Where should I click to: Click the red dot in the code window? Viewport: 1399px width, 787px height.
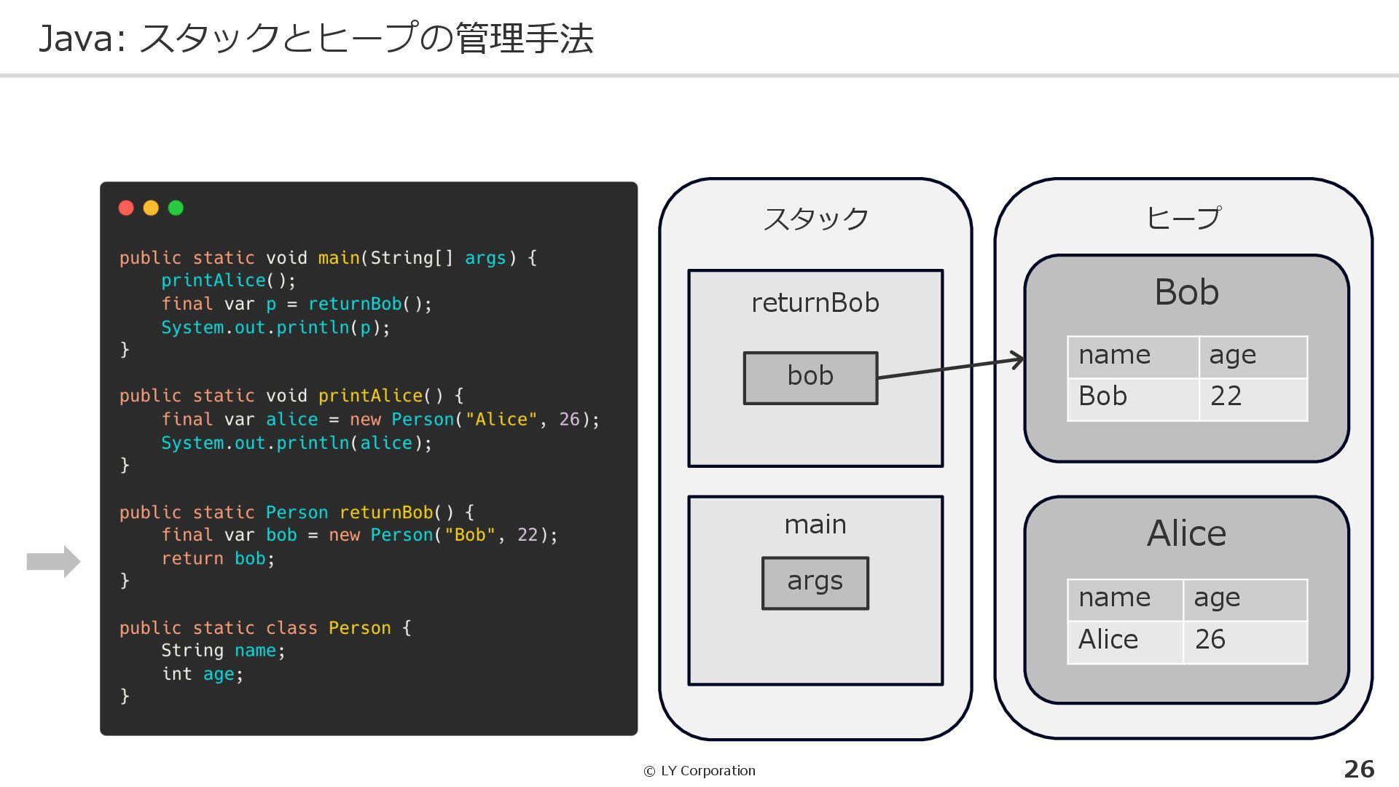click(x=126, y=208)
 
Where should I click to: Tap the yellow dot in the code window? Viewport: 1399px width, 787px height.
click(x=151, y=208)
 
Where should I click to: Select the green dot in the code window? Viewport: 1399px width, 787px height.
click(x=176, y=208)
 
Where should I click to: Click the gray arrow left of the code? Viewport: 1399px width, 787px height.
click(x=53, y=561)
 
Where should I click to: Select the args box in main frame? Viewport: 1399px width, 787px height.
click(x=815, y=582)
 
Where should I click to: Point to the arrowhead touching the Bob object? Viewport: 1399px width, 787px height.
click(x=1018, y=359)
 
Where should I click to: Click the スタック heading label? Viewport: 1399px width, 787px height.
click(x=815, y=219)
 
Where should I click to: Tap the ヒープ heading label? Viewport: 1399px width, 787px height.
click(x=1183, y=218)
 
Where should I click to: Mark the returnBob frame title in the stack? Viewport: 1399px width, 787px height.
click(x=815, y=303)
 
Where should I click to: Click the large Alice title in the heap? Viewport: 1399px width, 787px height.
click(x=1186, y=533)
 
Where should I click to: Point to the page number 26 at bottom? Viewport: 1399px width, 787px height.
click(x=1359, y=770)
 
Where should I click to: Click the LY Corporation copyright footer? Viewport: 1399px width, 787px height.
click(x=699, y=771)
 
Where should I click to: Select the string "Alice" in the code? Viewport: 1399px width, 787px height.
click(x=501, y=420)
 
